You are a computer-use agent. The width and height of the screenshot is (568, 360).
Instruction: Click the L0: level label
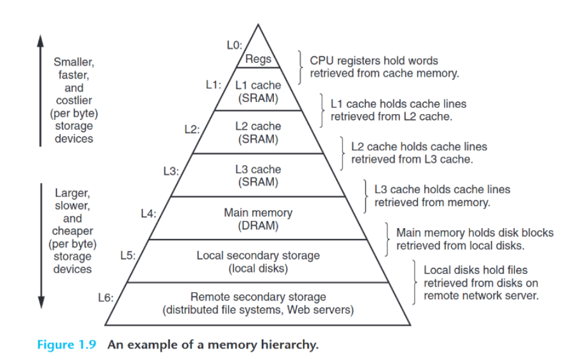(234, 45)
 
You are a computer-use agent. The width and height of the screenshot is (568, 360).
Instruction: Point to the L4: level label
(148, 214)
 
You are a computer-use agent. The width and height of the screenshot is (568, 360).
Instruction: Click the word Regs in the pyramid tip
(259, 60)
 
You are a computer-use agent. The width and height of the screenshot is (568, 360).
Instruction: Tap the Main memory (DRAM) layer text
(257, 219)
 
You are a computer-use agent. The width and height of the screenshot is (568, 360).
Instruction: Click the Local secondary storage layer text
(258, 255)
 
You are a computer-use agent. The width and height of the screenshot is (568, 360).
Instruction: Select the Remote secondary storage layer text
(258, 297)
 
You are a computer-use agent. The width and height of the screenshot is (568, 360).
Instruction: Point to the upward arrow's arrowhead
(41, 39)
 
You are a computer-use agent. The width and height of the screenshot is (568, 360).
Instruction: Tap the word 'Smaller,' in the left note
(74, 63)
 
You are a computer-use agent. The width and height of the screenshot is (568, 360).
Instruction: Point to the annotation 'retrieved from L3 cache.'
(412, 159)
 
